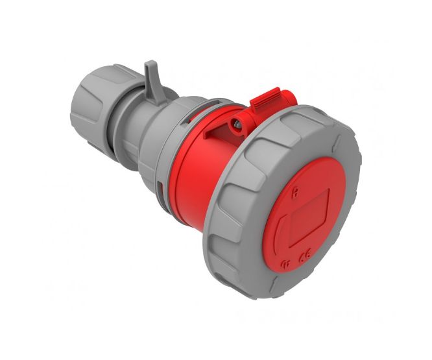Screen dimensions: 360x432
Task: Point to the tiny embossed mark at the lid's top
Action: click(x=296, y=191)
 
